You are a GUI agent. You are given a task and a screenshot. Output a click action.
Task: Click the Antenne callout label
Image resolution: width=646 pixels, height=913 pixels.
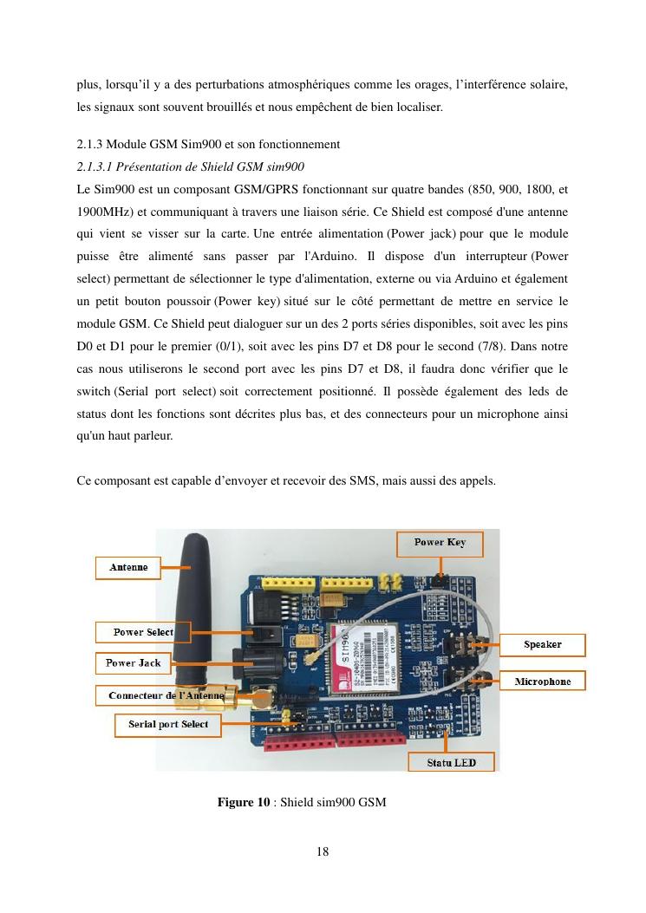(128, 568)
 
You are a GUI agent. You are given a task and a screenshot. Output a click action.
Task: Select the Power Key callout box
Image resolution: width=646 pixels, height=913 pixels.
(440, 543)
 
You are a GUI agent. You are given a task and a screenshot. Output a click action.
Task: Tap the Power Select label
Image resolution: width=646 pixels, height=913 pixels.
(143, 632)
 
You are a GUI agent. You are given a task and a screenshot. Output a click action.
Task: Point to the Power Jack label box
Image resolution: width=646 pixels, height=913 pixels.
(133, 663)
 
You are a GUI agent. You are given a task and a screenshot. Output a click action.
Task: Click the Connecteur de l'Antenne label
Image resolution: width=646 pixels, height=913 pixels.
(166, 695)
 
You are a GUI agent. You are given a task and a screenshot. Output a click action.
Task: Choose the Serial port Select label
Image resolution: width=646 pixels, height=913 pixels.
(168, 724)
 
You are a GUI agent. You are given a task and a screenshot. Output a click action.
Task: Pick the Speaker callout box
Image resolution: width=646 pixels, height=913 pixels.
(542, 644)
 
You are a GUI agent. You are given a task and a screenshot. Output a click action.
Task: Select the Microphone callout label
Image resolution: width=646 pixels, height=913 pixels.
(542, 681)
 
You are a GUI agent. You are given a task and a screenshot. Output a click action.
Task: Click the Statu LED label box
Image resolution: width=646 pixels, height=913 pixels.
(452, 763)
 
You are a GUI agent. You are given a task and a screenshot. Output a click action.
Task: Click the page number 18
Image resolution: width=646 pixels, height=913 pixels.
(323, 851)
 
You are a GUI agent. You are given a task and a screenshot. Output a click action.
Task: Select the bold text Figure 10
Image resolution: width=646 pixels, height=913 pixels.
(244, 802)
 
